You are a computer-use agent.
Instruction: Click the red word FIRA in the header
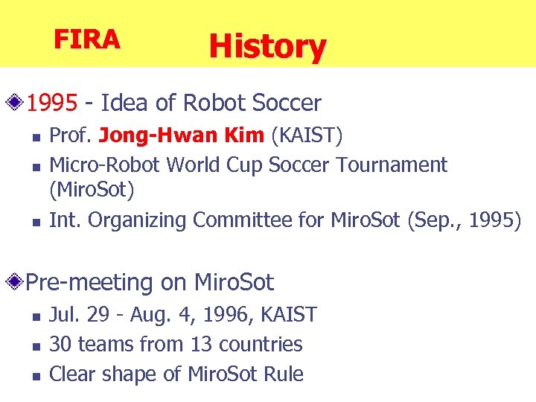(x=86, y=39)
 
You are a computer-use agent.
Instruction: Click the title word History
(x=267, y=46)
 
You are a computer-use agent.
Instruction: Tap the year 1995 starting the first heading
(x=52, y=103)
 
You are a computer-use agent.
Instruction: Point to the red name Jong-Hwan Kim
(x=181, y=136)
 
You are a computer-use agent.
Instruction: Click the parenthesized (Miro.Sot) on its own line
(x=92, y=191)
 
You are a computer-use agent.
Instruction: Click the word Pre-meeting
(x=89, y=283)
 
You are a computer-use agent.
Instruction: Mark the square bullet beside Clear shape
(x=35, y=375)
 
